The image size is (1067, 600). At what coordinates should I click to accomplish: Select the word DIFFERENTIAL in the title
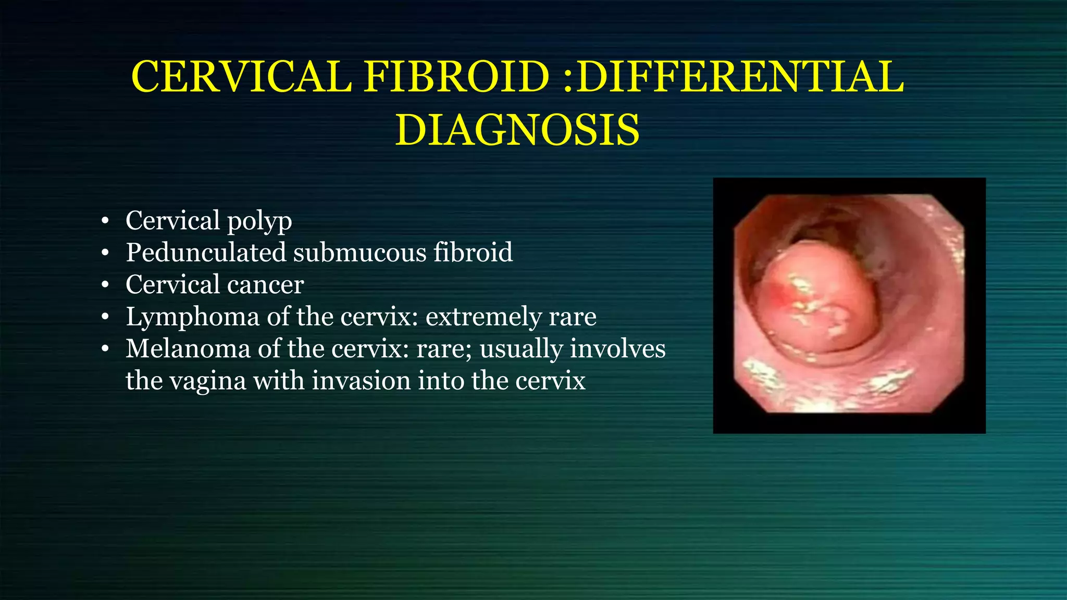click(740, 77)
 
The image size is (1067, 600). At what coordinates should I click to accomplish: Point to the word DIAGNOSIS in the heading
click(517, 130)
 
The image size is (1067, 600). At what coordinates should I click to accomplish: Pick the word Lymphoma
click(192, 317)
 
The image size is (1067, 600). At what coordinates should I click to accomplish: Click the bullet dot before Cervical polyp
click(105, 221)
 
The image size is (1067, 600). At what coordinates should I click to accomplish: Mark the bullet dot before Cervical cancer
click(105, 285)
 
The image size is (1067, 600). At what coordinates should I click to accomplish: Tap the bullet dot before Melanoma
click(105, 349)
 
